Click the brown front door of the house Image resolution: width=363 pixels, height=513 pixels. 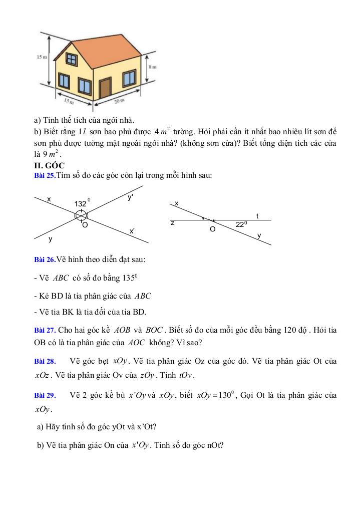(105, 89)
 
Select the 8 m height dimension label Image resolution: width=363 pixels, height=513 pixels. (152, 67)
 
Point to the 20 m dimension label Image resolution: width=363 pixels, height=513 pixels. (119, 102)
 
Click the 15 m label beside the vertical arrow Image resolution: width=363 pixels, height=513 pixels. (42, 58)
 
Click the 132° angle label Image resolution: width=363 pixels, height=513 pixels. (81, 204)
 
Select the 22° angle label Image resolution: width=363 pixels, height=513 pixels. (241, 225)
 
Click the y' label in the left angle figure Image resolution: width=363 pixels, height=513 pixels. (130, 198)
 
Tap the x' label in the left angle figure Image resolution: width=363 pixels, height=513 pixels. (132, 231)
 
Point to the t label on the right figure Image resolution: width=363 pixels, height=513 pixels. (257, 216)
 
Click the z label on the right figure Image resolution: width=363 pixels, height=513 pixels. (172, 222)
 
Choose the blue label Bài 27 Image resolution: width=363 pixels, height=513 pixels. (44, 331)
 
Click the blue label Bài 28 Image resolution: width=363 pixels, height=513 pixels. (44, 362)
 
